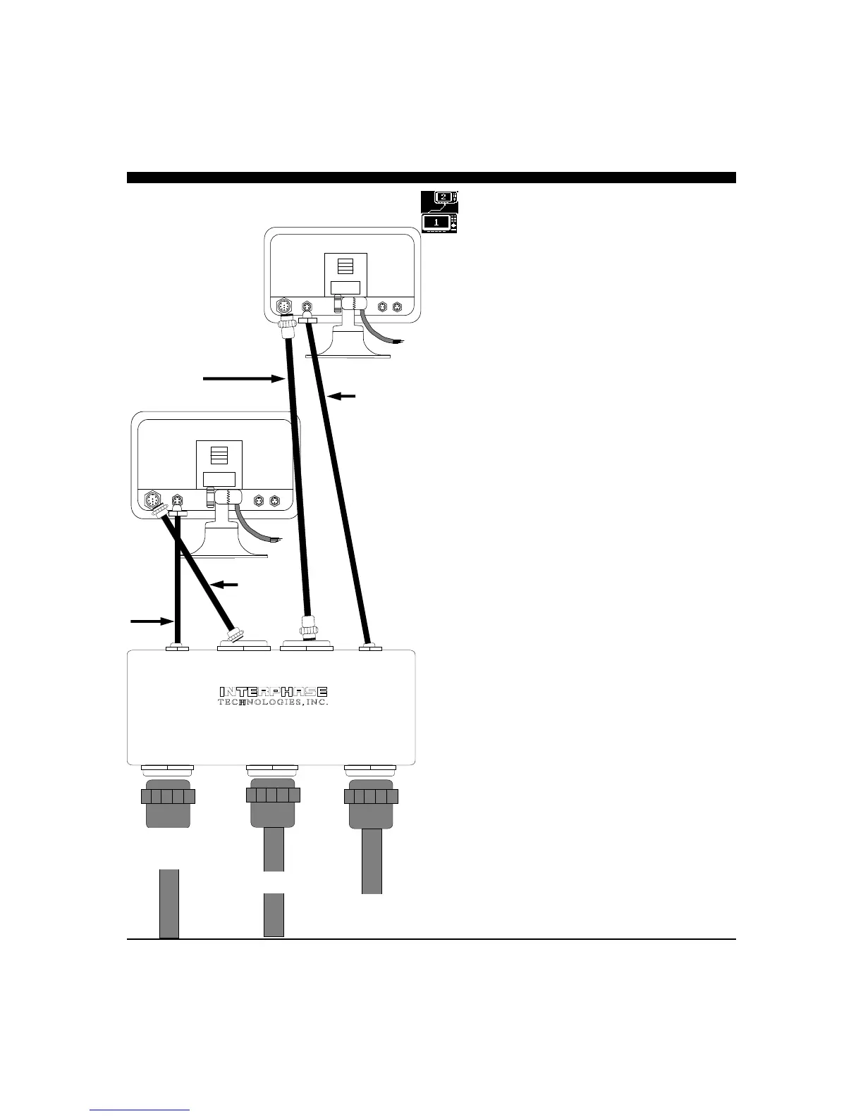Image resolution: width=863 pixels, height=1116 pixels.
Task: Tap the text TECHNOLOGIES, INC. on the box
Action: click(x=274, y=702)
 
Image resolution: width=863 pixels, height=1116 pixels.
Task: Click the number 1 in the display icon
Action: click(x=436, y=223)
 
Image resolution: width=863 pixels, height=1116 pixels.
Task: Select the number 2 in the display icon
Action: click(x=441, y=197)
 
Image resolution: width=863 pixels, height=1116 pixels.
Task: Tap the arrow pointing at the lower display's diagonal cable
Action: click(x=225, y=584)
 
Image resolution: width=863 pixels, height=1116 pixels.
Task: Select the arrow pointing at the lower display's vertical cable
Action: click(x=152, y=621)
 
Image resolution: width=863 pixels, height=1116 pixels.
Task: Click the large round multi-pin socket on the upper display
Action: click(x=283, y=308)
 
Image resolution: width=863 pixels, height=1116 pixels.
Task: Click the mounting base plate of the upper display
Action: click(x=348, y=356)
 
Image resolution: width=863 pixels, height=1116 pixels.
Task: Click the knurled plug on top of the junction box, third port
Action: click(x=307, y=625)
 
